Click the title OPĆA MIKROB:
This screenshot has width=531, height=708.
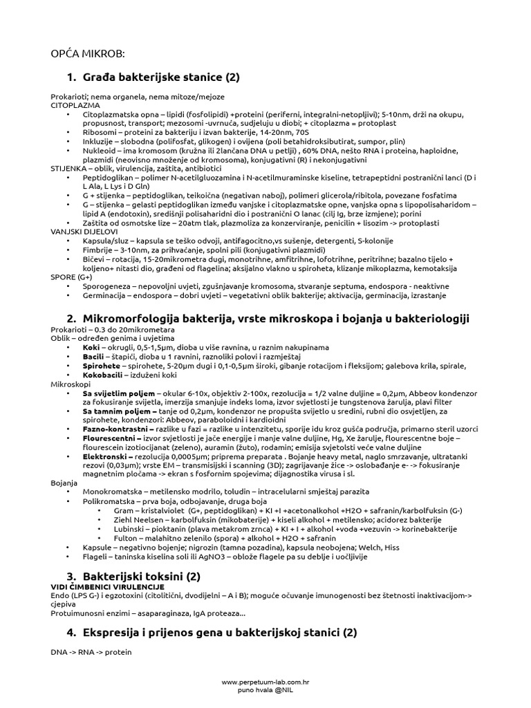click(x=88, y=54)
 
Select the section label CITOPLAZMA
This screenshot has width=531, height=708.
click(x=74, y=105)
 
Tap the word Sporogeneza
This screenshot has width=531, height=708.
click(x=109, y=286)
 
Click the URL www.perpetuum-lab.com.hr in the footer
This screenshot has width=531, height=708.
click(x=265, y=682)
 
